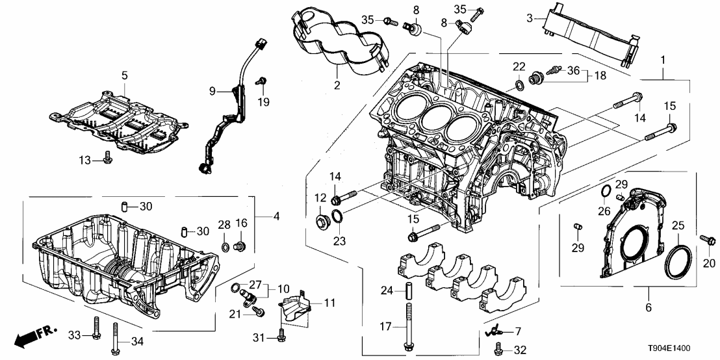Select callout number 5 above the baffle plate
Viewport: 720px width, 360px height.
pos(124,75)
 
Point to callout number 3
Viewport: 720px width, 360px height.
pos(530,19)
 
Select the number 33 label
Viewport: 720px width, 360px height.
pos(76,335)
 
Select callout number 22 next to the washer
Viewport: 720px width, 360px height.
pos(519,67)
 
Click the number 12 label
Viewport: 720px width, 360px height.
pos(320,198)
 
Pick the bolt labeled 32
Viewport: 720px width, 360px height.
pos(499,348)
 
